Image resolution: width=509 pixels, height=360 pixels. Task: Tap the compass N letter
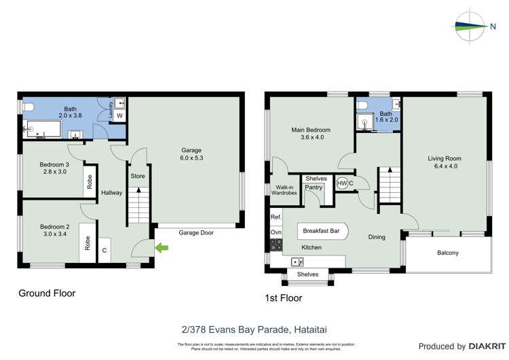coord(493,27)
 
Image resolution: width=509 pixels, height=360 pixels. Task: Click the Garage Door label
coord(197,232)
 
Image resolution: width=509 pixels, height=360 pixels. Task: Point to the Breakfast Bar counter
coord(322,231)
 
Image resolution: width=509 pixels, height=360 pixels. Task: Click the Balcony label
coord(447,253)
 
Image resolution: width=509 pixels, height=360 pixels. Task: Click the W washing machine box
coord(119,116)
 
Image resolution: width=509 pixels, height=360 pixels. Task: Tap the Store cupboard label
coord(138,176)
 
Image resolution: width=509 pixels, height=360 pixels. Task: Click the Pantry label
coord(313,187)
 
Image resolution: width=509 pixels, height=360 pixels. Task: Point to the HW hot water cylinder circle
coord(341,183)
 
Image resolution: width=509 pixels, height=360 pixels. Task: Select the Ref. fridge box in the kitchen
coord(276,217)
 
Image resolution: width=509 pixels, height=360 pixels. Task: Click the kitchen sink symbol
coord(297,262)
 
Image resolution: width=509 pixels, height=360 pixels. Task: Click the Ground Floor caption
coord(46,293)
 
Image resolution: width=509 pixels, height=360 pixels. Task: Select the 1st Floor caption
coord(283,298)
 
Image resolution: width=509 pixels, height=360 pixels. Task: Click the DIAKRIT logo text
coord(478,346)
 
